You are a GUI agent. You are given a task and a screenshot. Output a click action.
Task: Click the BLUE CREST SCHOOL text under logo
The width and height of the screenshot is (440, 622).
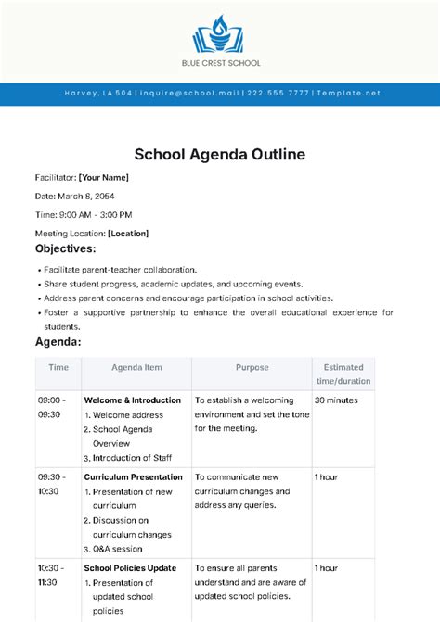click(x=220, y=63)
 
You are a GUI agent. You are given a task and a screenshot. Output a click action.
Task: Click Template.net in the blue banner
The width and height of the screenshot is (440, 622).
click(x=347, y=93)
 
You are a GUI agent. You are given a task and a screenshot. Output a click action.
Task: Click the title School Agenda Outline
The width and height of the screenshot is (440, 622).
click(x=220, y=153)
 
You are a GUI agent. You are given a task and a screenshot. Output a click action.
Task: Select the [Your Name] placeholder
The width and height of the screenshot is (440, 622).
click(x=103, y=177)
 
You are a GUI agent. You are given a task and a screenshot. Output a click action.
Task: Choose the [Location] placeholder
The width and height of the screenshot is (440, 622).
click(x=128, y=234)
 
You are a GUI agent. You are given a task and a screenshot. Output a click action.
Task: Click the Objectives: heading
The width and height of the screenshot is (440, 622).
click(x=65, y=249)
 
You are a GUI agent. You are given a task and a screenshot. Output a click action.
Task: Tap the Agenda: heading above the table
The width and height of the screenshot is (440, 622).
click(x=58, y=342)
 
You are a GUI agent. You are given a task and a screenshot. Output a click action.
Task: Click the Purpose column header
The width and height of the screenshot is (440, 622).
click(x=252, y=367)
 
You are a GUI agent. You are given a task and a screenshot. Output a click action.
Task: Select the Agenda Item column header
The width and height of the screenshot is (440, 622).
click(x=136, y=367)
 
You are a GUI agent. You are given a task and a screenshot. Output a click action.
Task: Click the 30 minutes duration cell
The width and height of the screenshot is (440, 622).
click(x=337, y=400)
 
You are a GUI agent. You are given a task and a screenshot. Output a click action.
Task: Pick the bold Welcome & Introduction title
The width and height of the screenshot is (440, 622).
click(x=134, y=400)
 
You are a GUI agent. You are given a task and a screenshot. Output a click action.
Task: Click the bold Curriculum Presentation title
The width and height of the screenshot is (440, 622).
click(x=133, y=476)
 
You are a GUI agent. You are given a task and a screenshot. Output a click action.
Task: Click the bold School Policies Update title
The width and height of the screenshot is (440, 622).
click(x=130, y=567)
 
